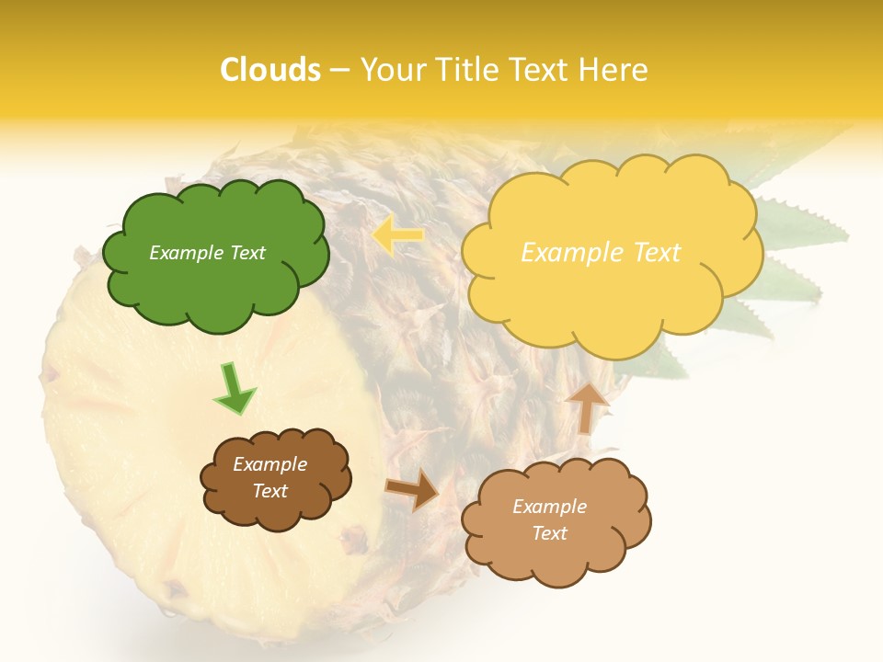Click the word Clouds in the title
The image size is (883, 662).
point(270,70)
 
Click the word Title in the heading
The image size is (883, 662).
point(465,70)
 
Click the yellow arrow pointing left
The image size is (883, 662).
point(397,236)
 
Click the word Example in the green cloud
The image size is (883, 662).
point(186,253)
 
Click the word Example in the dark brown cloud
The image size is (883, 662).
point(270,464)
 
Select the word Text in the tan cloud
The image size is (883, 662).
point(549,533)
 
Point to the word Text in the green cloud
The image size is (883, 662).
point(246,253)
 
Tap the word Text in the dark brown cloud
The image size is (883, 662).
point(270,491)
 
